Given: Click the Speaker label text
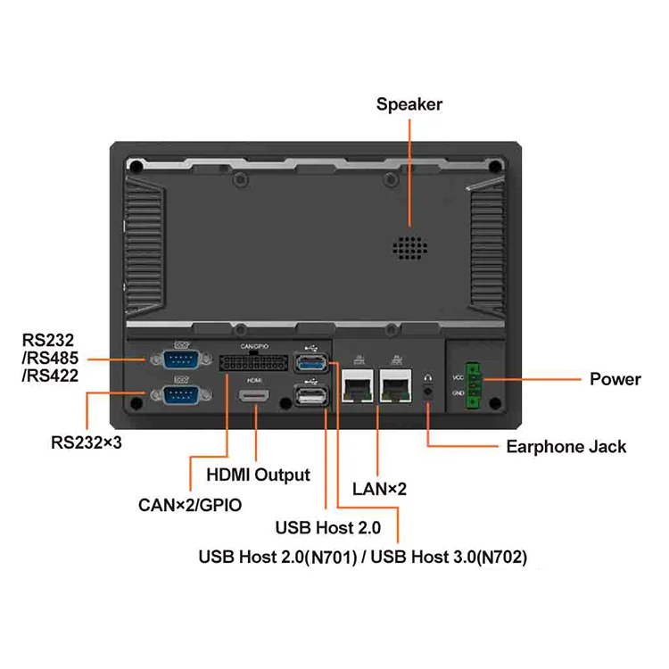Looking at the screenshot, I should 409,104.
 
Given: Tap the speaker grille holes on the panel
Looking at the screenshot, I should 409,248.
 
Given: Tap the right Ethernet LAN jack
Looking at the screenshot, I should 396,387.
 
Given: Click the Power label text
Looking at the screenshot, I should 615,379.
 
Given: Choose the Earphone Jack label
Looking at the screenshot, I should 566,447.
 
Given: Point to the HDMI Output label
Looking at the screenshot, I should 258,475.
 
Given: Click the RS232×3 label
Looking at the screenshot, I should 86,441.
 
